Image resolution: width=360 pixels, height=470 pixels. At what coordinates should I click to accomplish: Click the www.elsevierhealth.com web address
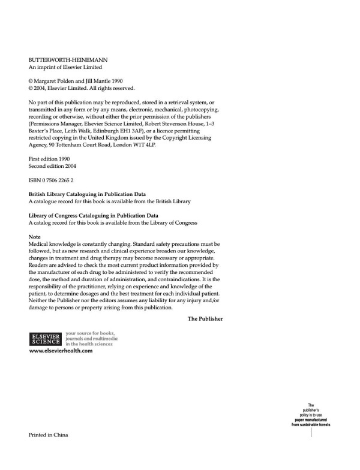[x=61, y=351]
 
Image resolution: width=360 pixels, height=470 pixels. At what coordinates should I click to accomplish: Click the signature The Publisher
[x=205, y=319]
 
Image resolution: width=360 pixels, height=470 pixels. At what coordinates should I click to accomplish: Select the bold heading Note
[x=35, y=237]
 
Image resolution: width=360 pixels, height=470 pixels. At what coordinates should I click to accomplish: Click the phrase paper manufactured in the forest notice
[x=311, y=420]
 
